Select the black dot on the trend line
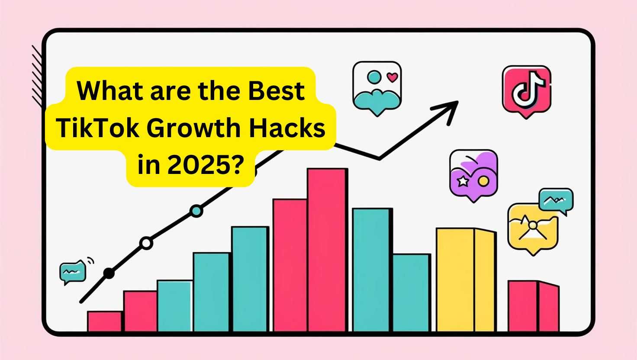(x=109, y=273)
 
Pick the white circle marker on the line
(x=146, y=243)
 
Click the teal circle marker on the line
(x=196, y=211)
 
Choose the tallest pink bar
(x=327, y=250)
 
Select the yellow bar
(x=466, y=280)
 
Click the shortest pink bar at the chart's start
(x=105, y=321)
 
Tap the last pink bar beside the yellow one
(x=534, y=306)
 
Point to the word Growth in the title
(x=193, y=128)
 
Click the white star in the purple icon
(x=463, y=181)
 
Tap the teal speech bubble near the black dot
(x=73, y=272)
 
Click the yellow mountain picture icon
(x=533, y=228)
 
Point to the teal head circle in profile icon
(x=374, y=77)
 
